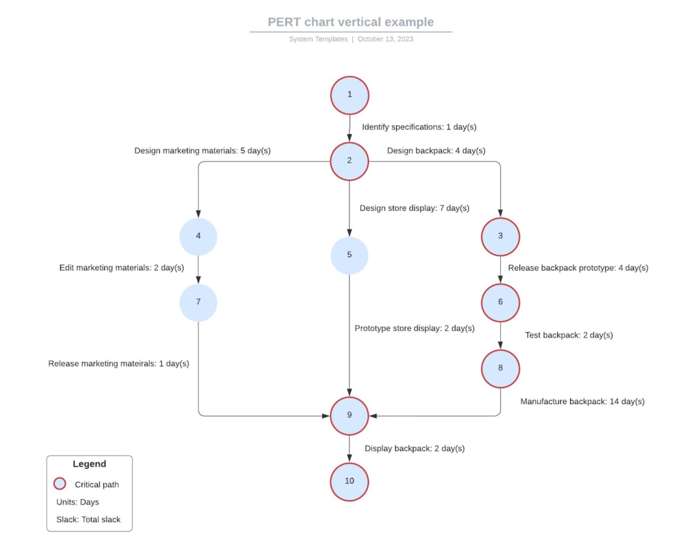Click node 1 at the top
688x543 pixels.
point(349,95)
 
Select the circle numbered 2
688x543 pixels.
point(349,161)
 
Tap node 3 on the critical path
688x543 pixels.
point(500,237)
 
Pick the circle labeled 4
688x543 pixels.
point(198,237)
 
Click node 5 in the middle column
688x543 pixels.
point(349,255)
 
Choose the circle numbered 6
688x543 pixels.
point(500,302)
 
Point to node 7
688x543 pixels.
point(198,302)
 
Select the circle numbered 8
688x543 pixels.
point(500,368)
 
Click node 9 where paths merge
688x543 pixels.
point(349,416)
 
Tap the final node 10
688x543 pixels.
point(349,481)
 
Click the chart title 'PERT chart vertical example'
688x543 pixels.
point(351,22)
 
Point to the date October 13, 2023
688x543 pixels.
point(385,39)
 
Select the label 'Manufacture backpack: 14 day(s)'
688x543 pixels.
point(582,401)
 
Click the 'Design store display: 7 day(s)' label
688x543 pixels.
point(414,208)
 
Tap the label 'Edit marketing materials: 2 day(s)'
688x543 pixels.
point(122,267)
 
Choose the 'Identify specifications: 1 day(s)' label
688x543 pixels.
point(419,127)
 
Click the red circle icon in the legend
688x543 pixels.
point(60,484)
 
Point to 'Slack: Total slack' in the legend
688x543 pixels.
point(88,519)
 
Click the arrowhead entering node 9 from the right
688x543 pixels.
point(373,416)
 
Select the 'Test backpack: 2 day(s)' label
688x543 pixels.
point(569,335)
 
